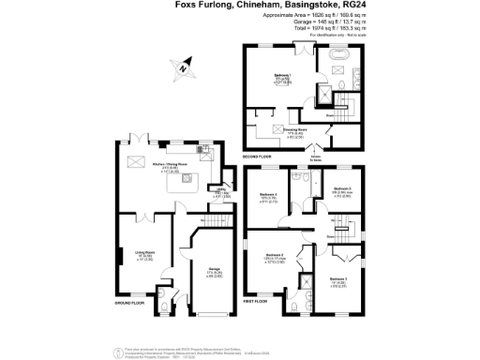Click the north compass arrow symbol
[x=182, y=67]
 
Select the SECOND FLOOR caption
[x=257, y=156]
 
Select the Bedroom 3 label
[x=338, y=278]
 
